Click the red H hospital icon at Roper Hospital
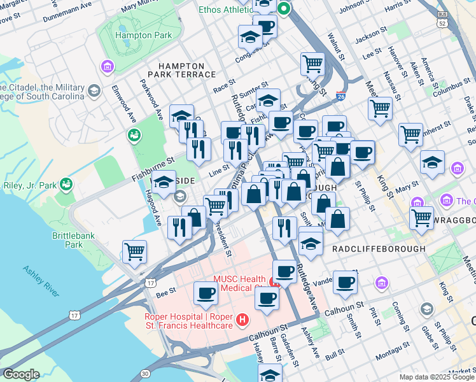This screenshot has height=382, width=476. point(241,320)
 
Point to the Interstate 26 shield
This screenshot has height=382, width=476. point(341,97)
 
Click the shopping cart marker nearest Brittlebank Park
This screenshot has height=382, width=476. point(135,251)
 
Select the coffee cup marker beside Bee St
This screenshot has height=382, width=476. point(206,293)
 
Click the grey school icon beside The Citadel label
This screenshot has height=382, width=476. point(94,91)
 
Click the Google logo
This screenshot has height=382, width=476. point(21,374)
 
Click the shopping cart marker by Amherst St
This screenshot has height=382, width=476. point(411,134)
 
